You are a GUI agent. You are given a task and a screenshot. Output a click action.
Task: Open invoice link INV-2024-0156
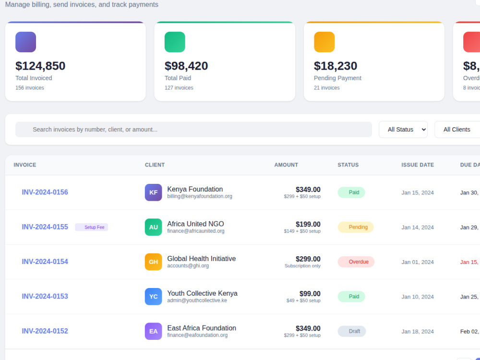click(x=45, y=192)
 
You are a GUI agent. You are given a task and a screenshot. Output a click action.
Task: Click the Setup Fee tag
click(x=92, y=227)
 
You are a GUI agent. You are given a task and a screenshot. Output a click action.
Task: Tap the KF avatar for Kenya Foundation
click(x=154, y=192)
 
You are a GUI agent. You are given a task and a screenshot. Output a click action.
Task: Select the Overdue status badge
click(x=356, y=262)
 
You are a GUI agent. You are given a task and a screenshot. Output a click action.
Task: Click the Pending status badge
click(x=355, y=227)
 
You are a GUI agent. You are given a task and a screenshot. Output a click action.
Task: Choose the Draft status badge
click(x=352, y=331)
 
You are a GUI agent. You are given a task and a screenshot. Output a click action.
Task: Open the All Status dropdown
click(x=403, y=130)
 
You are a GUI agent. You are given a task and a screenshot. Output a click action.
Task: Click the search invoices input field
click(x=193, y=130)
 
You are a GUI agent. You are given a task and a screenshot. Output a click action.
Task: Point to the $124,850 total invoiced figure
click(x=40, y=66)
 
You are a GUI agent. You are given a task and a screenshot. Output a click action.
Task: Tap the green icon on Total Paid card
click(x=175, y=42)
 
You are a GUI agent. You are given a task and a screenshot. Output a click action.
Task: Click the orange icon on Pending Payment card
click(x=324, y=42)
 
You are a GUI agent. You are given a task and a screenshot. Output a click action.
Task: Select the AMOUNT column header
click(x=286, y=165)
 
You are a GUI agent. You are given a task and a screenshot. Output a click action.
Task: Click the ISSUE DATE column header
click(x=418, y=165)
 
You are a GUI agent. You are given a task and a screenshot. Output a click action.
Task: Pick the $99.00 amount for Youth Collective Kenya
click(x=310, y=294)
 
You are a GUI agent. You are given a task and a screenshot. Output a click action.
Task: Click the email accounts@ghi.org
click(x=188, y=266)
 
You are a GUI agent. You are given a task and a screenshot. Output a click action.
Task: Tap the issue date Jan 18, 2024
click(x=418, y=332)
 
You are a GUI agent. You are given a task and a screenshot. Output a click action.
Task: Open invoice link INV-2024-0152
click(x=45, y=331)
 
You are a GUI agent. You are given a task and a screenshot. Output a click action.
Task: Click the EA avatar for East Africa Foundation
click(x=154, y=331)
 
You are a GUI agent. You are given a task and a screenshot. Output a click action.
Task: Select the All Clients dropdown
click(x=457, y=130)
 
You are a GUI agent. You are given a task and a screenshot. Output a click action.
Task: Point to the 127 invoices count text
click(x=179, y=88)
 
